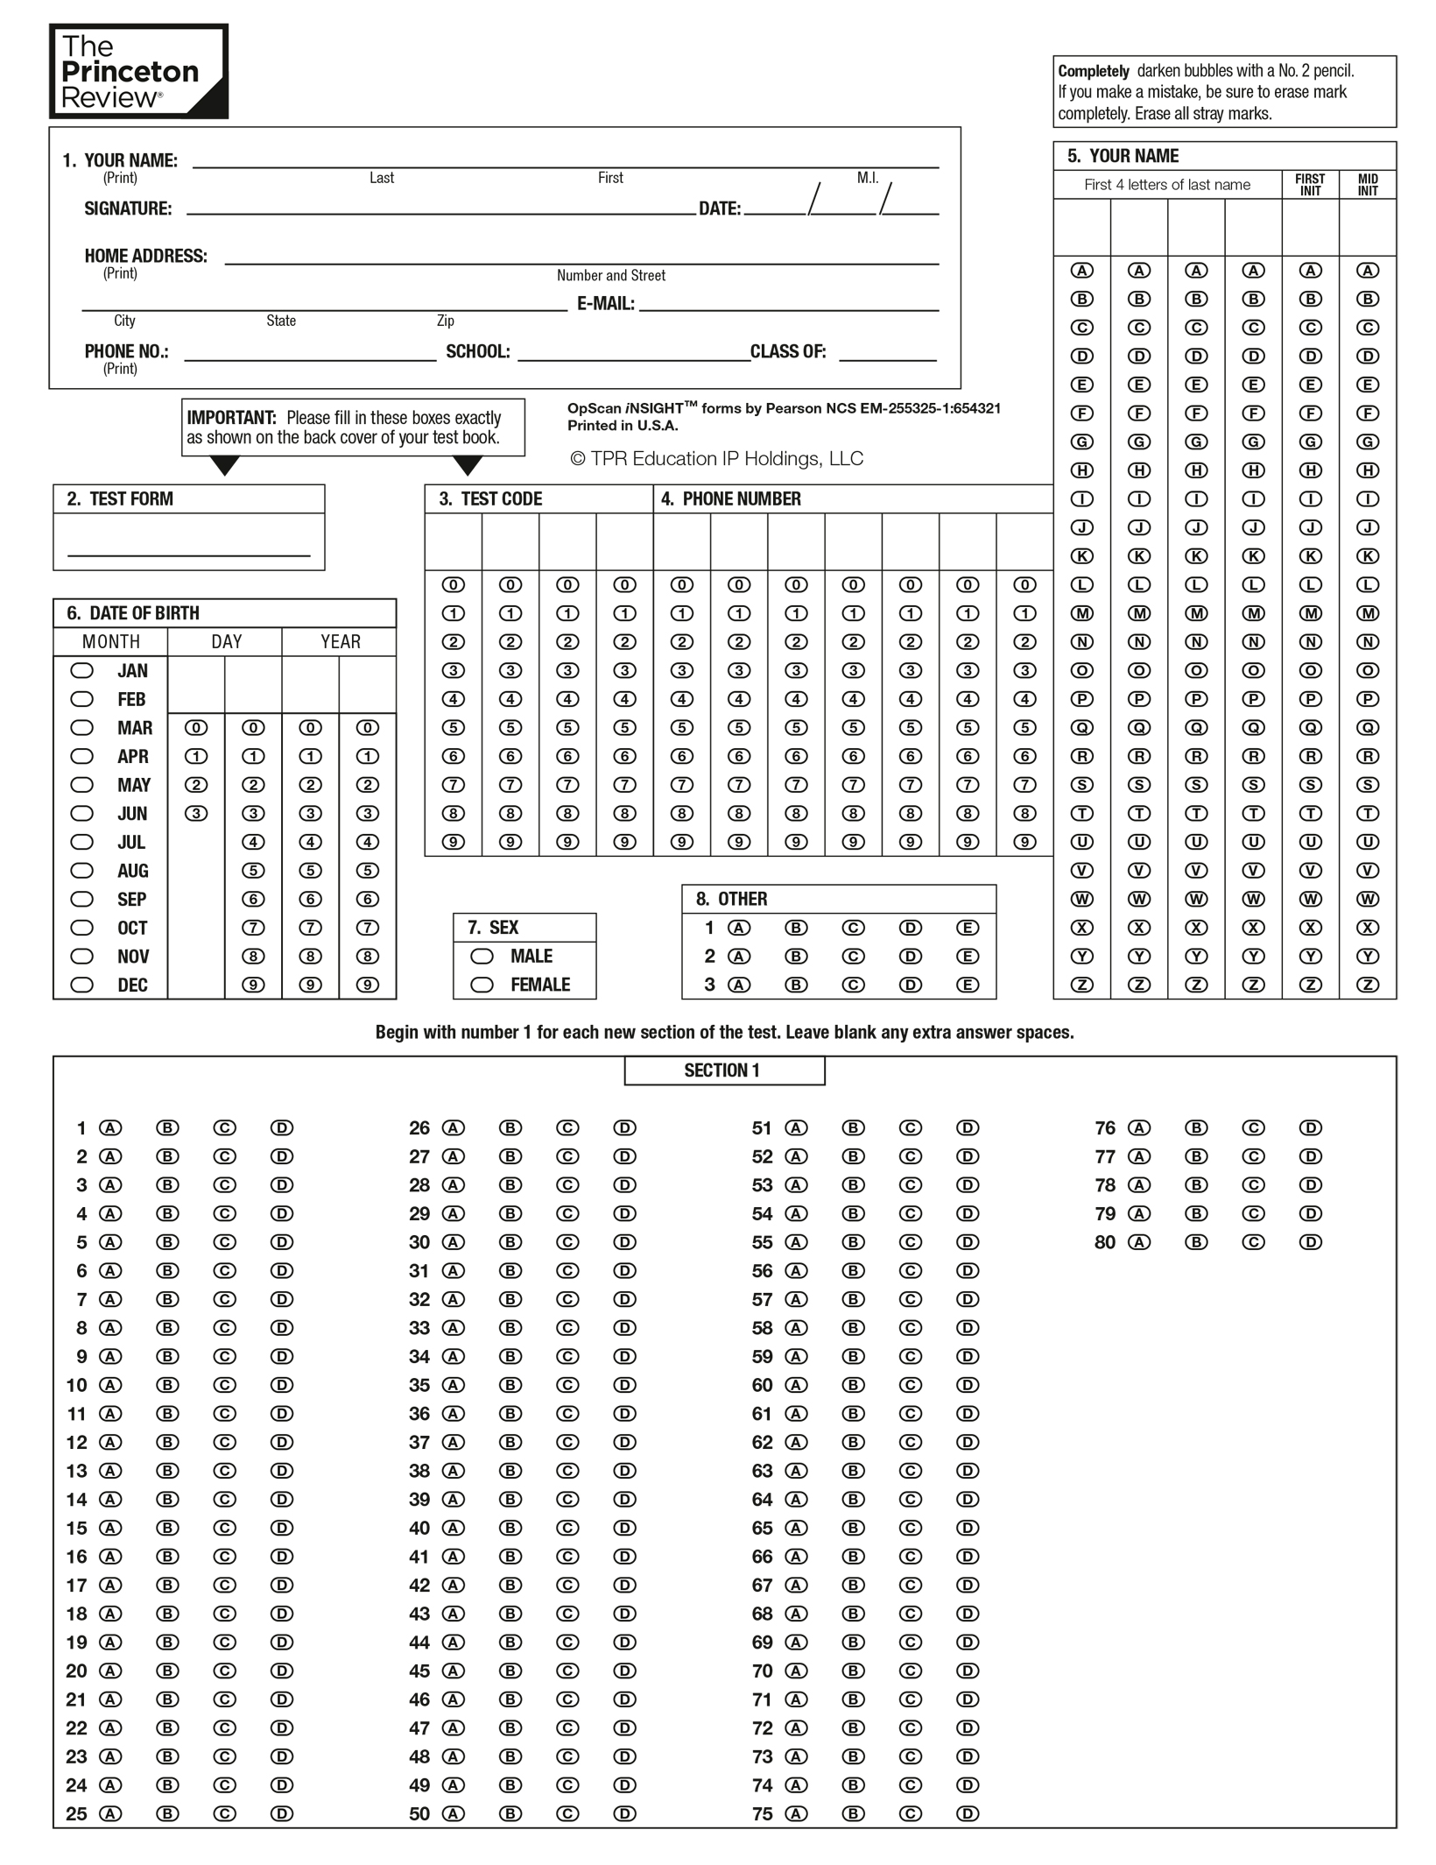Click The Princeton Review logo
click(138, 71)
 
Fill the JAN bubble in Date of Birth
click(81, 671)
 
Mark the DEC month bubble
click(81, 985)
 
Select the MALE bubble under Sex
click(482, 956)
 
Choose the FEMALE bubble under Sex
click(482, 985)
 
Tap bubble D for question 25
click(282, 1813)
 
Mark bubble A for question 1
click(110, 1128)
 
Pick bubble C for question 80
click(1253, 1242)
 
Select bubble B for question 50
click(510, 1813)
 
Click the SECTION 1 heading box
click(724, 1070)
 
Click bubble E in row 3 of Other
click(968, 985)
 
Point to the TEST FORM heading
click(130, 499)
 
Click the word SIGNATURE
click(128, 209)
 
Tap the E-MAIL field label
click(605, 304)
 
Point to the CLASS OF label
click(788, 352)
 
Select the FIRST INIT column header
click(1310, 185)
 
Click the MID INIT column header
click(1368, 185)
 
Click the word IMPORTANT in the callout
click(231, 418)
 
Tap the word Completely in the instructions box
click(1093, 72)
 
